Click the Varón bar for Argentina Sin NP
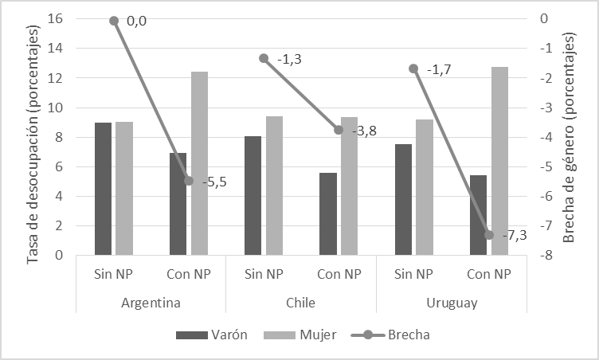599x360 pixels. click(x=104, y=189)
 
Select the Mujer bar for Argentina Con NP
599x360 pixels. click(x=199, y=163)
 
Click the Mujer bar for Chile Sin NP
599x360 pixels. click(x=274, y=186)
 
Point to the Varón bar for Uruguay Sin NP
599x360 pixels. click(x=403, y=199)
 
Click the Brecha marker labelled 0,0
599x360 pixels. click(x=114, y=21)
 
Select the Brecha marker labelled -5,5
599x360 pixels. click(x=189, y=181)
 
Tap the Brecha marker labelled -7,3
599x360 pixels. click(x=489, y=234)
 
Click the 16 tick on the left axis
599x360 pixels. click(x=57, y=18)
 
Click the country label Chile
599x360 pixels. click(x=299, y=303)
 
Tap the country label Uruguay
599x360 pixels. click(x=451, y=303)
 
